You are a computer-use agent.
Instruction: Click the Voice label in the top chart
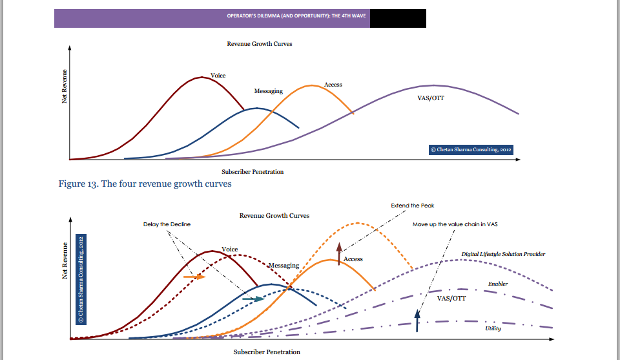tap(218, 76)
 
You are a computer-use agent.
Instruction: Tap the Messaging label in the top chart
tap(268, 91)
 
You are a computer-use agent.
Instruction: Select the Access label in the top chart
tap(333, 85)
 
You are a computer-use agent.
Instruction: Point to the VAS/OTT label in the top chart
tap(431, 98)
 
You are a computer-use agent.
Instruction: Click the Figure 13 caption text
tap(145, 184)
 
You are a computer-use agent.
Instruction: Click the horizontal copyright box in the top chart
tap(471, 149)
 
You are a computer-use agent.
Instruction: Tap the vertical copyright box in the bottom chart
tap(81, 279)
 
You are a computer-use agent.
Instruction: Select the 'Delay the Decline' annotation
tap(167, 224)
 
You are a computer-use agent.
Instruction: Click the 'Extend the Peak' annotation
tap(412, 206)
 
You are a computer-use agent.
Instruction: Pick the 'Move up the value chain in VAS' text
tap(455, 224)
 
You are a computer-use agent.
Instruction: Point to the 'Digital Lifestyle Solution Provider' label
tap(503, 254)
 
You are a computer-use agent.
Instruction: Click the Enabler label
tap(497, 284)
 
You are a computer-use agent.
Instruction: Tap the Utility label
tap(493, 328)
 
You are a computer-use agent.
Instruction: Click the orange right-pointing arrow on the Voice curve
tap(194, 276)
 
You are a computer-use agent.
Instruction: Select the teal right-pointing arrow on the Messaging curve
tap(253, 299)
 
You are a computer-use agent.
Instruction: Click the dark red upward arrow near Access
tap(338, 250)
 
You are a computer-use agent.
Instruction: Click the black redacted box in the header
tap(398, 18)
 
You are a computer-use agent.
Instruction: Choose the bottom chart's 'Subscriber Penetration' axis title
tap(267, 352)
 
